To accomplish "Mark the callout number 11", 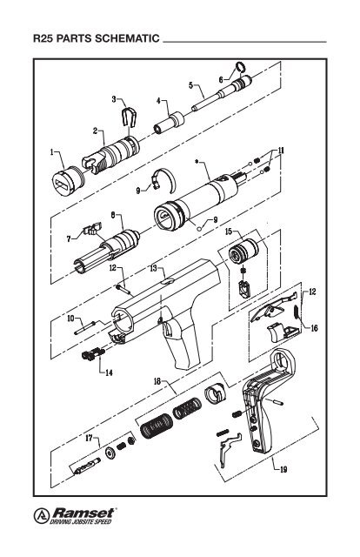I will [x=281, y=151].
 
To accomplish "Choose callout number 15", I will [x=229, y=232].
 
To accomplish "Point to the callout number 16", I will [x=315, y=328].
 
